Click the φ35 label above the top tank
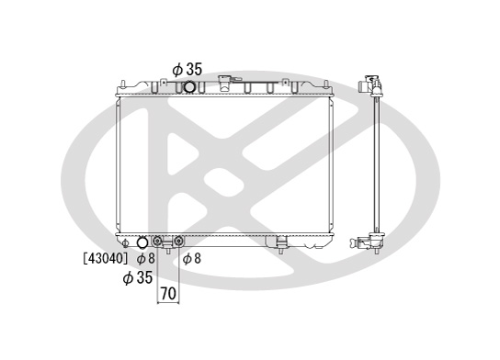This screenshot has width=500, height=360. (187, 70)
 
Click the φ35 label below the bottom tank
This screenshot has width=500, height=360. (138, 277)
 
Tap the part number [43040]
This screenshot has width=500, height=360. (106, 258)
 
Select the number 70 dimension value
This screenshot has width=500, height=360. (168, 293)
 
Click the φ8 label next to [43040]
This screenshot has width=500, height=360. (146, 258)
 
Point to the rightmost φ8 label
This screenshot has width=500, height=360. (192, 258)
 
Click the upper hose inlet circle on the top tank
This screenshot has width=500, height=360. (189, 87)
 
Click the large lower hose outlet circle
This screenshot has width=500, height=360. (142, 242)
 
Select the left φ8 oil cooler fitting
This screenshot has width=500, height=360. (157, 242)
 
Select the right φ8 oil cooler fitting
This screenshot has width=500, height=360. (178, 242)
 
